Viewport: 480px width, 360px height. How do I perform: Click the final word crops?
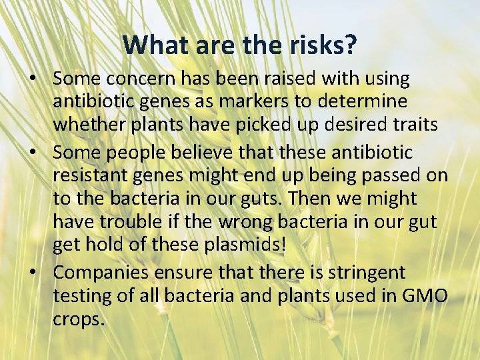coord(79,320)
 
